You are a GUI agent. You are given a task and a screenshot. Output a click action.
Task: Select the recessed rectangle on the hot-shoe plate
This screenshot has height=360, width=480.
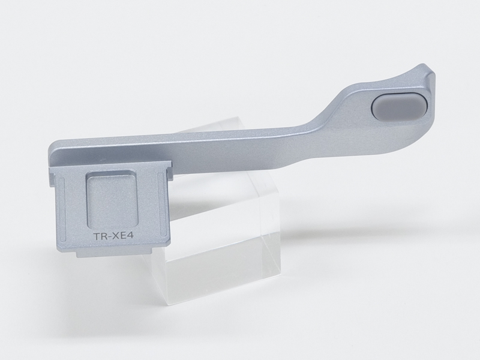pyautogui.click(x=107, y=199)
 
